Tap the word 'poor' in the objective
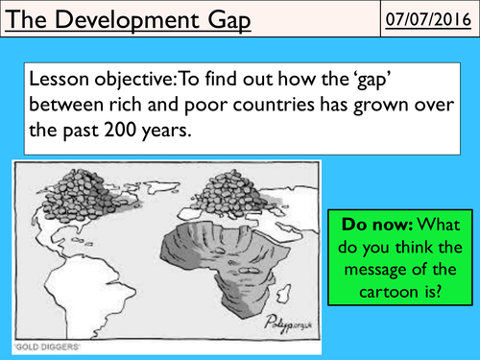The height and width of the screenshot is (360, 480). (x=228, y=106)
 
